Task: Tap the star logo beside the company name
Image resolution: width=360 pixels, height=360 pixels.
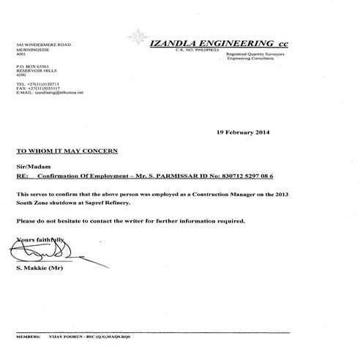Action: (136, 37)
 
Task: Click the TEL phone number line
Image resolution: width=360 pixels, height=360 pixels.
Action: (42, 84)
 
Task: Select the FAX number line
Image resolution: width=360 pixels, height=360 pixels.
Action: (42, 89)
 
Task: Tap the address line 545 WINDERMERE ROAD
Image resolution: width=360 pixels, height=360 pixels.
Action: (46, 45)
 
